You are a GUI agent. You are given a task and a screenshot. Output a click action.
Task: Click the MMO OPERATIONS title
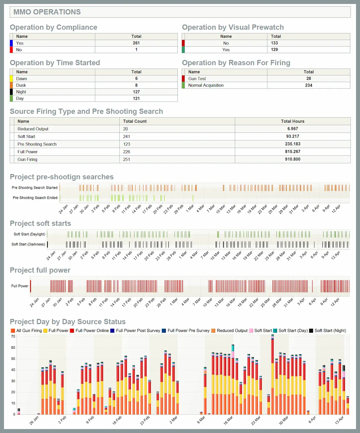[47, 12]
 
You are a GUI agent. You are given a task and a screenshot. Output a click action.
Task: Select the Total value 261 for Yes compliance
[136, 43]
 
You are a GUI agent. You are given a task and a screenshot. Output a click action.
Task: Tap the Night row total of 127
[136, 92]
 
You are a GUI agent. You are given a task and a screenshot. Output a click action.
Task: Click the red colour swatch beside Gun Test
[183, 78]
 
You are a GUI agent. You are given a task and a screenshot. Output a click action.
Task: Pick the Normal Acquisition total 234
[309, 85]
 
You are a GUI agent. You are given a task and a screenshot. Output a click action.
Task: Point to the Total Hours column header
[293, 121]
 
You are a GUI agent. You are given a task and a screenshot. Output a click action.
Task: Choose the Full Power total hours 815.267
[293, 152]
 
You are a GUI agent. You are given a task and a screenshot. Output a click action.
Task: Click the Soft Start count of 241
[127, 137]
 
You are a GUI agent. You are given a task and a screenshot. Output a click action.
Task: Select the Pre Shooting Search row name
[37, 144]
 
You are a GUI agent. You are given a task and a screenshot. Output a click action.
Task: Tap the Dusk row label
[21, 85]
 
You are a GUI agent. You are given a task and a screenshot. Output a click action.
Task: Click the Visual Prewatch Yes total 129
[274, 50]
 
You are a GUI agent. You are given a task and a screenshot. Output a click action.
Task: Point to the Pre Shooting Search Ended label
[35, 198]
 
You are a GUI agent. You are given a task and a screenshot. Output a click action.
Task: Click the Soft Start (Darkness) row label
[28, 244]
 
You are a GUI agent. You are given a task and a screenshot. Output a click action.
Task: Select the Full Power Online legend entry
[90, 330]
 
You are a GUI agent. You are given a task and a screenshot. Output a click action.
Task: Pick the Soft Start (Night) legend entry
[328, 330]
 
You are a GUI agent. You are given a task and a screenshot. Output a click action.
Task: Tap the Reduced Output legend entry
[229, 330]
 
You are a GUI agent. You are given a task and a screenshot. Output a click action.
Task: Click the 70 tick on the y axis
[13, 336]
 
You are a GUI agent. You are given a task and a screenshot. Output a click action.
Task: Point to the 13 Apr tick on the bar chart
[340, 420]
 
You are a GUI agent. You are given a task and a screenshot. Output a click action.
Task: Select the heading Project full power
[40, 270]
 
